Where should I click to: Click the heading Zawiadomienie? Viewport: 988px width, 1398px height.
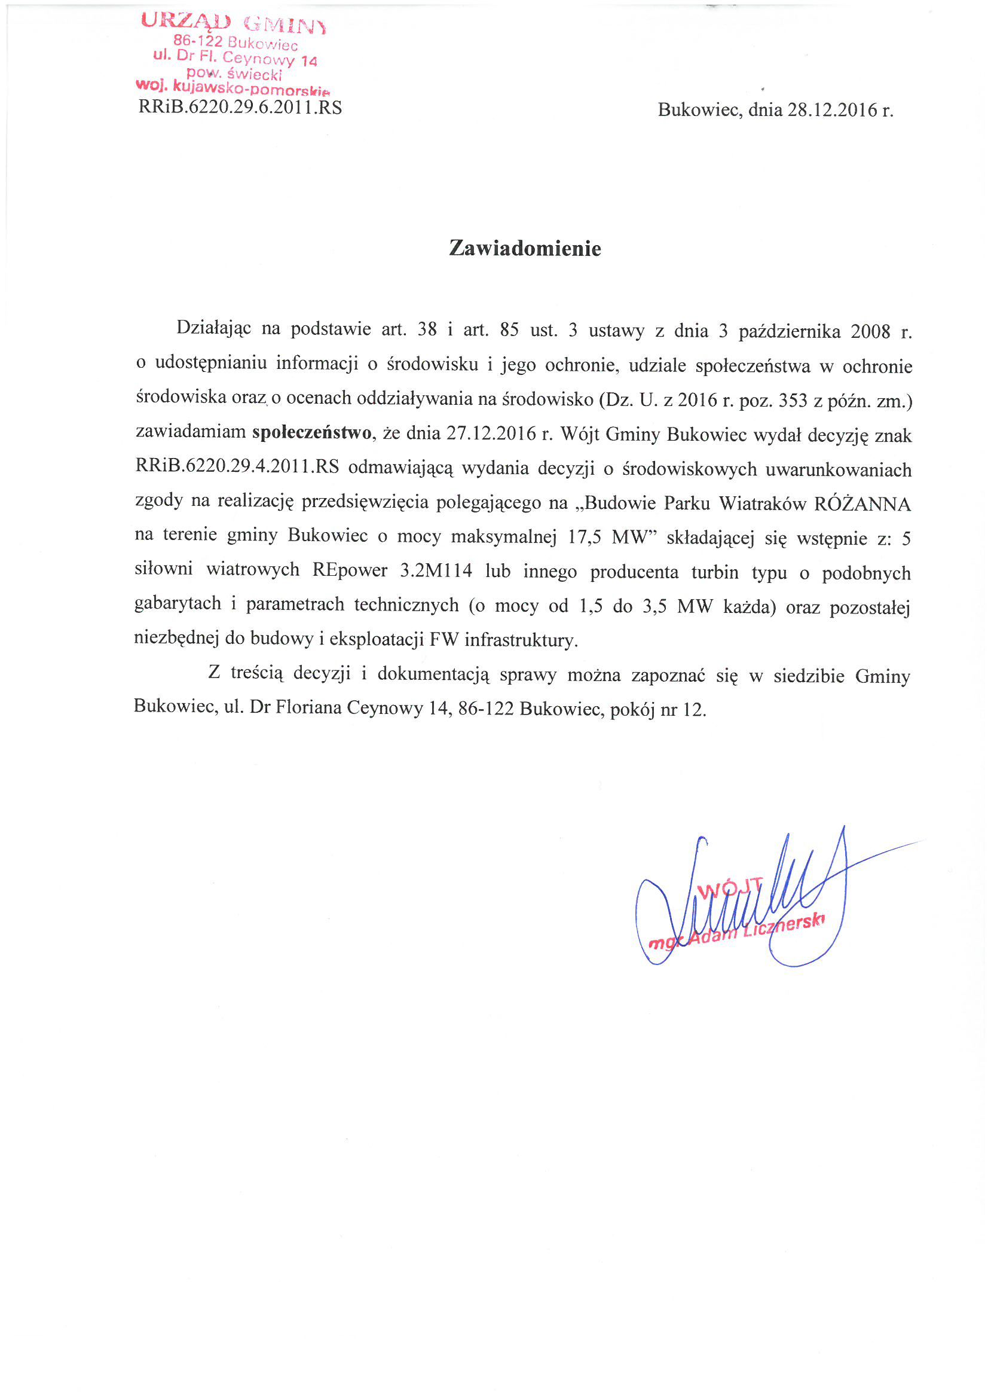click(x=525, y=248)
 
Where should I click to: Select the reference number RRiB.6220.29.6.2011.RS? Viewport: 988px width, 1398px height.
click(x=240, y=108)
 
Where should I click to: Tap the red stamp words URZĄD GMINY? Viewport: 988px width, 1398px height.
click(x=233, y=23)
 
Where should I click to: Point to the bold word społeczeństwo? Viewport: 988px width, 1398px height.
click(x=311, y=433)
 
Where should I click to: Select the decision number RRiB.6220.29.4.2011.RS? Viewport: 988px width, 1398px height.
click(x=237, y=467)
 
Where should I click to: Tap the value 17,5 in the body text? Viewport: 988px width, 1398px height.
click(x=585, y=537)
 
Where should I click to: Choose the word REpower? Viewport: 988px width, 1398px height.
click(x=350, y=570)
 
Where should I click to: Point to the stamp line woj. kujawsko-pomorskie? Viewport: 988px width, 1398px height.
click(x=233, y=87)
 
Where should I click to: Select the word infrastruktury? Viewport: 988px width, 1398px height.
click(x=521, y=640)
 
